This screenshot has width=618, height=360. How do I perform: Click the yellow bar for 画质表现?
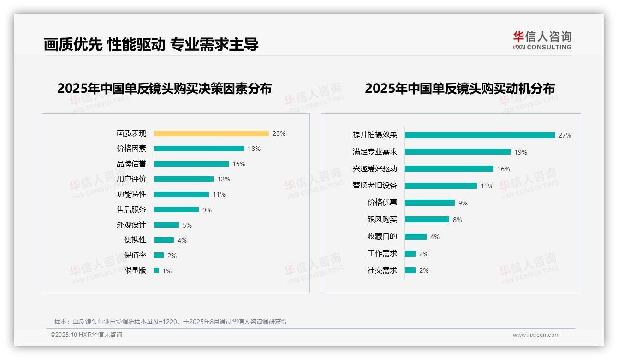(211, 133)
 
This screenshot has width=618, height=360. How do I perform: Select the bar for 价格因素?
(199, 149)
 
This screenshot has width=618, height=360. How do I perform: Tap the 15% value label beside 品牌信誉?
(239, 164)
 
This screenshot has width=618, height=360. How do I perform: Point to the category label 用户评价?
(131, 179)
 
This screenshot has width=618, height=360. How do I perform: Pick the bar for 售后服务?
(176, 210)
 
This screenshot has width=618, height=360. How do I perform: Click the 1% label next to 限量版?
(167, 271)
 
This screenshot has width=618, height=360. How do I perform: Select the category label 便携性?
(135, 240)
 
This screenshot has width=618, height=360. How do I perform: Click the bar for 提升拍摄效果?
(480, 135)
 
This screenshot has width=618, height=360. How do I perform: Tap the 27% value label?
(565, 135)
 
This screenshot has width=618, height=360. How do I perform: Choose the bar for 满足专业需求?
(458, 152)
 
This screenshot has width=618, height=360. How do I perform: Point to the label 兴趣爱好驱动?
(375, 169)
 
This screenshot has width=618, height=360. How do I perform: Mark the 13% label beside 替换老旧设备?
(487, 186)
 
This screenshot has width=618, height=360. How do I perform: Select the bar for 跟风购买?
(427, 220)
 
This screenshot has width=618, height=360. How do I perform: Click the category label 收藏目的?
(382, 236)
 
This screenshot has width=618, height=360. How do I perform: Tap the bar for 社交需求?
(410, 270)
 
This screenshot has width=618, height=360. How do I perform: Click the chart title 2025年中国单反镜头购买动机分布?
(460, 88)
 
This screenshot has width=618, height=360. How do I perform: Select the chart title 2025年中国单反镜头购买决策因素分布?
(165, 88)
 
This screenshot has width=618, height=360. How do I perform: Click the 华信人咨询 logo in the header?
(542, 40)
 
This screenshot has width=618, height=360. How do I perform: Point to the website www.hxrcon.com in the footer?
(536, 335)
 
